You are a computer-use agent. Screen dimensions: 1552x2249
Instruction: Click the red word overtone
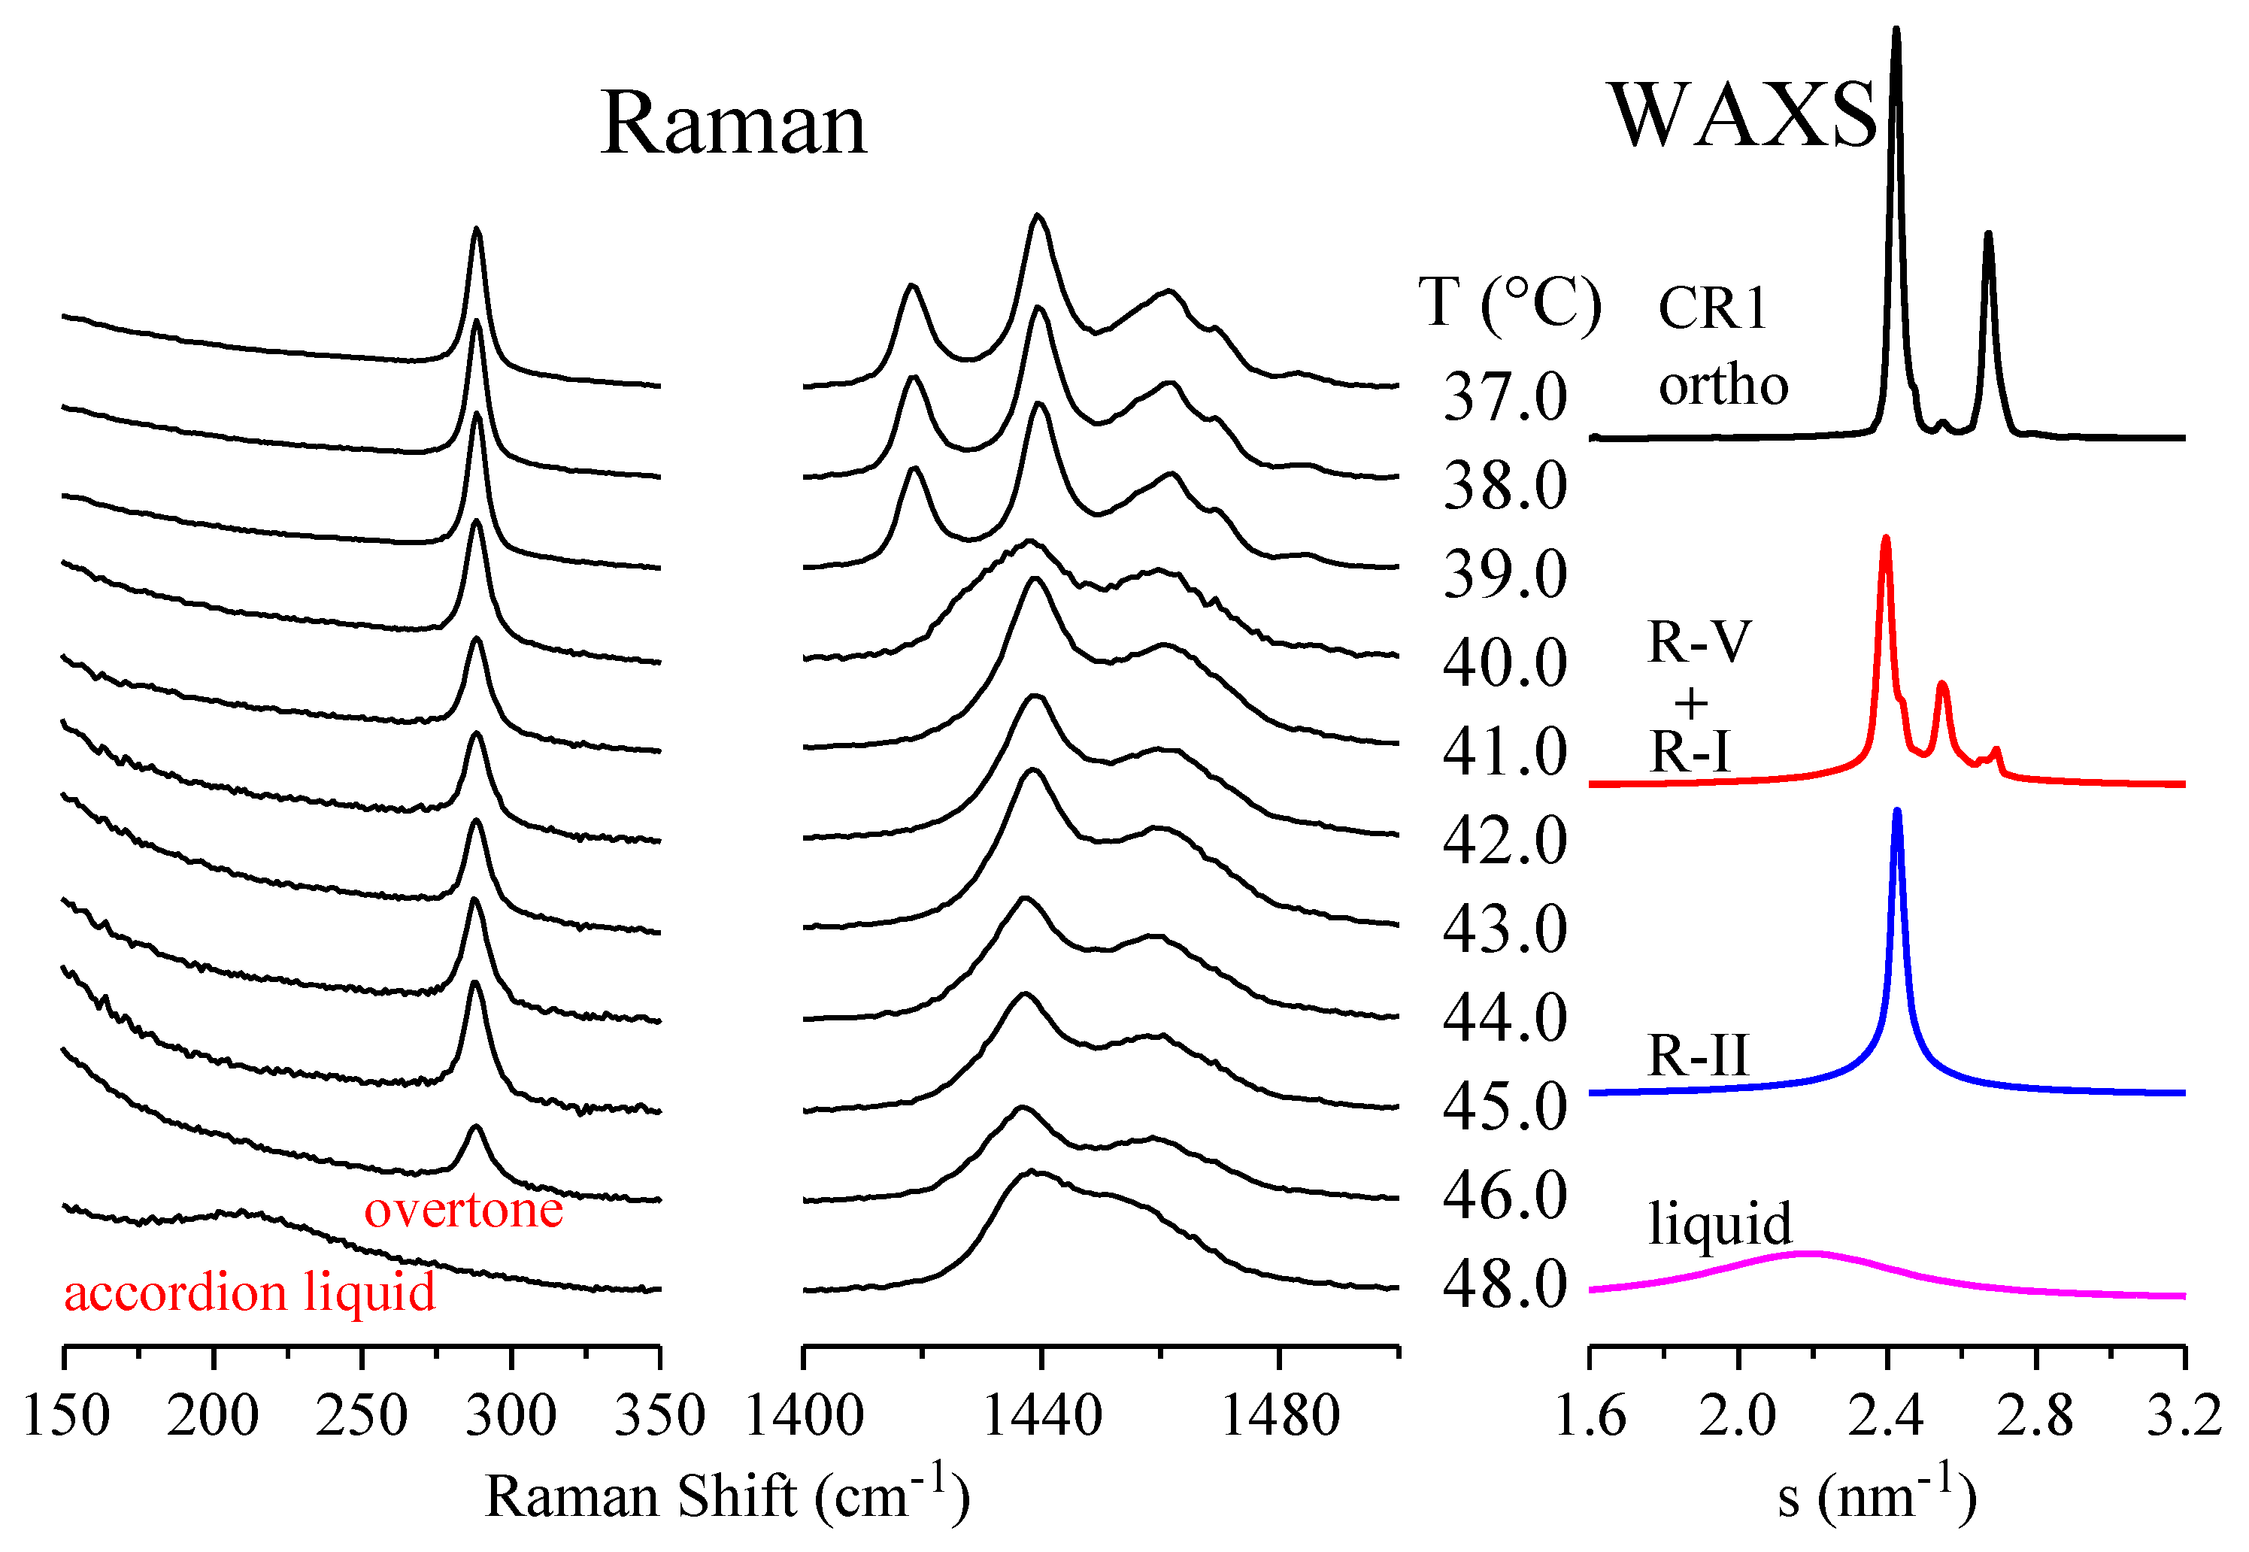(463, 1211)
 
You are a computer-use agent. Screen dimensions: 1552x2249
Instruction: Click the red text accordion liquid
(249, 1293)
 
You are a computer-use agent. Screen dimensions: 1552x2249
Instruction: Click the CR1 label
(1711, 309)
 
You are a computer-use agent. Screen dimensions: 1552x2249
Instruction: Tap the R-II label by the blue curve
(1698, 1055)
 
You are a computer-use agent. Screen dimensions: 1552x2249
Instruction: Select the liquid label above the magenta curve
(1719, 1223)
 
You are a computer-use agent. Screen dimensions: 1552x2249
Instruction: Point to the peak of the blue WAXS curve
(1896, 813)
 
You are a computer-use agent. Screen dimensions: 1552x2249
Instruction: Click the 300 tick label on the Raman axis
(511, 1416)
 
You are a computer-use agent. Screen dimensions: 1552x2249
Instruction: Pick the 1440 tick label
(1041, 1416)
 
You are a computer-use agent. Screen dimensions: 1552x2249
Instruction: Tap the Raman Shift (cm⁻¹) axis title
(726, 1496)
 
